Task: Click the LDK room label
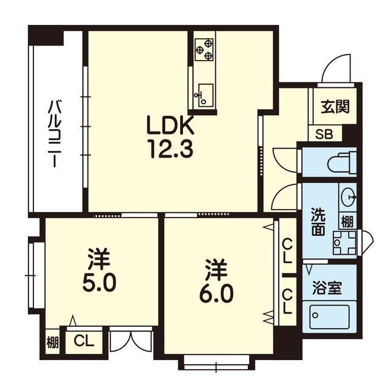point(170,125)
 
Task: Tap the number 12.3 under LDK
point(170,149)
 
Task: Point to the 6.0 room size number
point(216,295)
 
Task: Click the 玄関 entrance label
point(335,107)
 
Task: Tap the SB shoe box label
point(324,135)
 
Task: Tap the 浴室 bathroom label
point(327,287)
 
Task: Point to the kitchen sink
point(204,95)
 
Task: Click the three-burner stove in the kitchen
point(204,50)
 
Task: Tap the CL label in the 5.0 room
point(84,341)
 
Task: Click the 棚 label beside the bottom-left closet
point(53,343)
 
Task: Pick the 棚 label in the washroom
point(347,221)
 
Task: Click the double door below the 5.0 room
point(131,341)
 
